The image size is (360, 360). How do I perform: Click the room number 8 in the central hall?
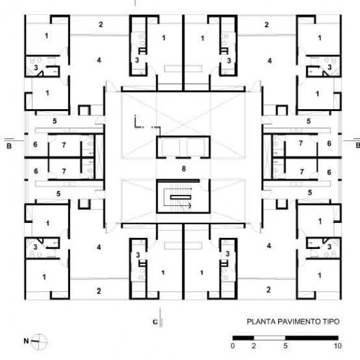(183, 169)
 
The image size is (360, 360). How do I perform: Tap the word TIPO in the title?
(331, 321)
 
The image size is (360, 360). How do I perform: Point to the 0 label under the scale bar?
(232, 346)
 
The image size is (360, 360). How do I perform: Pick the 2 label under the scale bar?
(254, 346)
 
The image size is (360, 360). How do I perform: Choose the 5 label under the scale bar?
(285, 346)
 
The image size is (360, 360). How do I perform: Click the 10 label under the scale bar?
(337, 346)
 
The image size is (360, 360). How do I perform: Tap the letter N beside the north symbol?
(26, 341)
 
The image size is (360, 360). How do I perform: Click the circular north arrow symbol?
(40, 342)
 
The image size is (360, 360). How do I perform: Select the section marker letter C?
(155, 322)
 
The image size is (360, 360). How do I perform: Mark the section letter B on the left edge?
(9, 146)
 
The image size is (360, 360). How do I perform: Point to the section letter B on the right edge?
(358, 145)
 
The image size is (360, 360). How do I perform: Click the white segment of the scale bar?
(269, 338)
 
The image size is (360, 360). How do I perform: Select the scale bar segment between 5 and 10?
(312, 338)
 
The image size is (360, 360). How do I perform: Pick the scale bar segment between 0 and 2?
(243, 338)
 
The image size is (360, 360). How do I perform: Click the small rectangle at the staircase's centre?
(181, 197)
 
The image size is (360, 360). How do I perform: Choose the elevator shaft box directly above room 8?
(183, 147)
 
